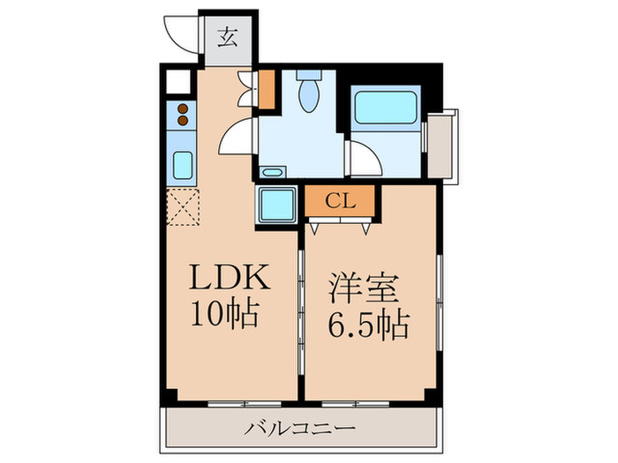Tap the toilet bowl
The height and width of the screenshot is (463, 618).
(x=309, y=95)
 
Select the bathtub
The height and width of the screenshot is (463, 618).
(x=386, y=108)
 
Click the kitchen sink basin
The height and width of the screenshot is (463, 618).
(x=183, y=166)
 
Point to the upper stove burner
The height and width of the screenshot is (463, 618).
(x=183, y=108)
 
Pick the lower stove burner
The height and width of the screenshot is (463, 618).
(x=183, y=120)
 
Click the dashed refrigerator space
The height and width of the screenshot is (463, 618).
(x=183, y=207)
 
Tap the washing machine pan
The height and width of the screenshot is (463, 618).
(x=276, y=205)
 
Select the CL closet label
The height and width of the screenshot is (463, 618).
(x=340, y=202)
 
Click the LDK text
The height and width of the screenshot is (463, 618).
(x=230, y=277)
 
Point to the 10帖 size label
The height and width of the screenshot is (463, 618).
(x=225, y=314)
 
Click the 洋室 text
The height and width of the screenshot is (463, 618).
(x=365, y=288)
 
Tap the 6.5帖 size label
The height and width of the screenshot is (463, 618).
(x=369, y=325)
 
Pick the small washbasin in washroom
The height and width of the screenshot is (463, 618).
(x=272, y=172)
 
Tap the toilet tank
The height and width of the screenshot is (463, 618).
(x=309, y=74)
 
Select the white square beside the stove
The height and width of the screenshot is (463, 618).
(x=178, y=82)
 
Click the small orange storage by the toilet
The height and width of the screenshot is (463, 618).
(x=267, y=89)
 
